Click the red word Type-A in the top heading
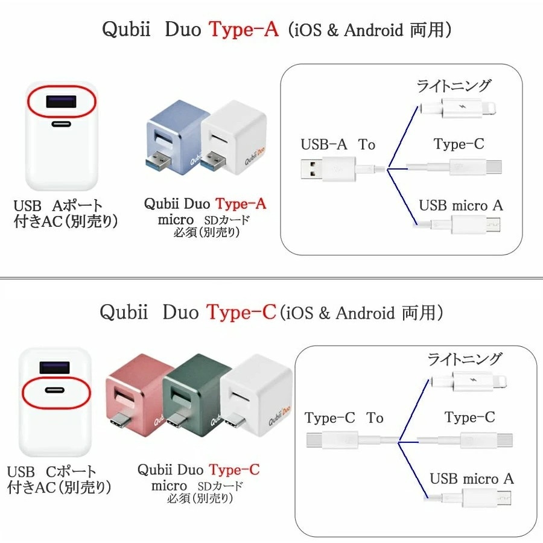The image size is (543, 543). [244, 29]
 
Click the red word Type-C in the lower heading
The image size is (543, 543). [241, 312]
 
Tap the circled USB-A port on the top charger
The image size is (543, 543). [61, 102]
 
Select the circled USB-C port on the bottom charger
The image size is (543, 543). [55, 390]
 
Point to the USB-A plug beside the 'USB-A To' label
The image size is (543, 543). [328, 169]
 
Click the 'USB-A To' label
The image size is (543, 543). [338, 144]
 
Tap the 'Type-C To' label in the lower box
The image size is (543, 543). [344, 418]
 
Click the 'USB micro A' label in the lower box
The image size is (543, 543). [472, 478]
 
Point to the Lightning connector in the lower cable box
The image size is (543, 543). [469, 381]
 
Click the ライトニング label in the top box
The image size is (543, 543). [454, 86]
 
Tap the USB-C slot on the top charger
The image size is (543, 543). [62, 124]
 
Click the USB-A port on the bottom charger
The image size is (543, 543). [54, 367]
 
